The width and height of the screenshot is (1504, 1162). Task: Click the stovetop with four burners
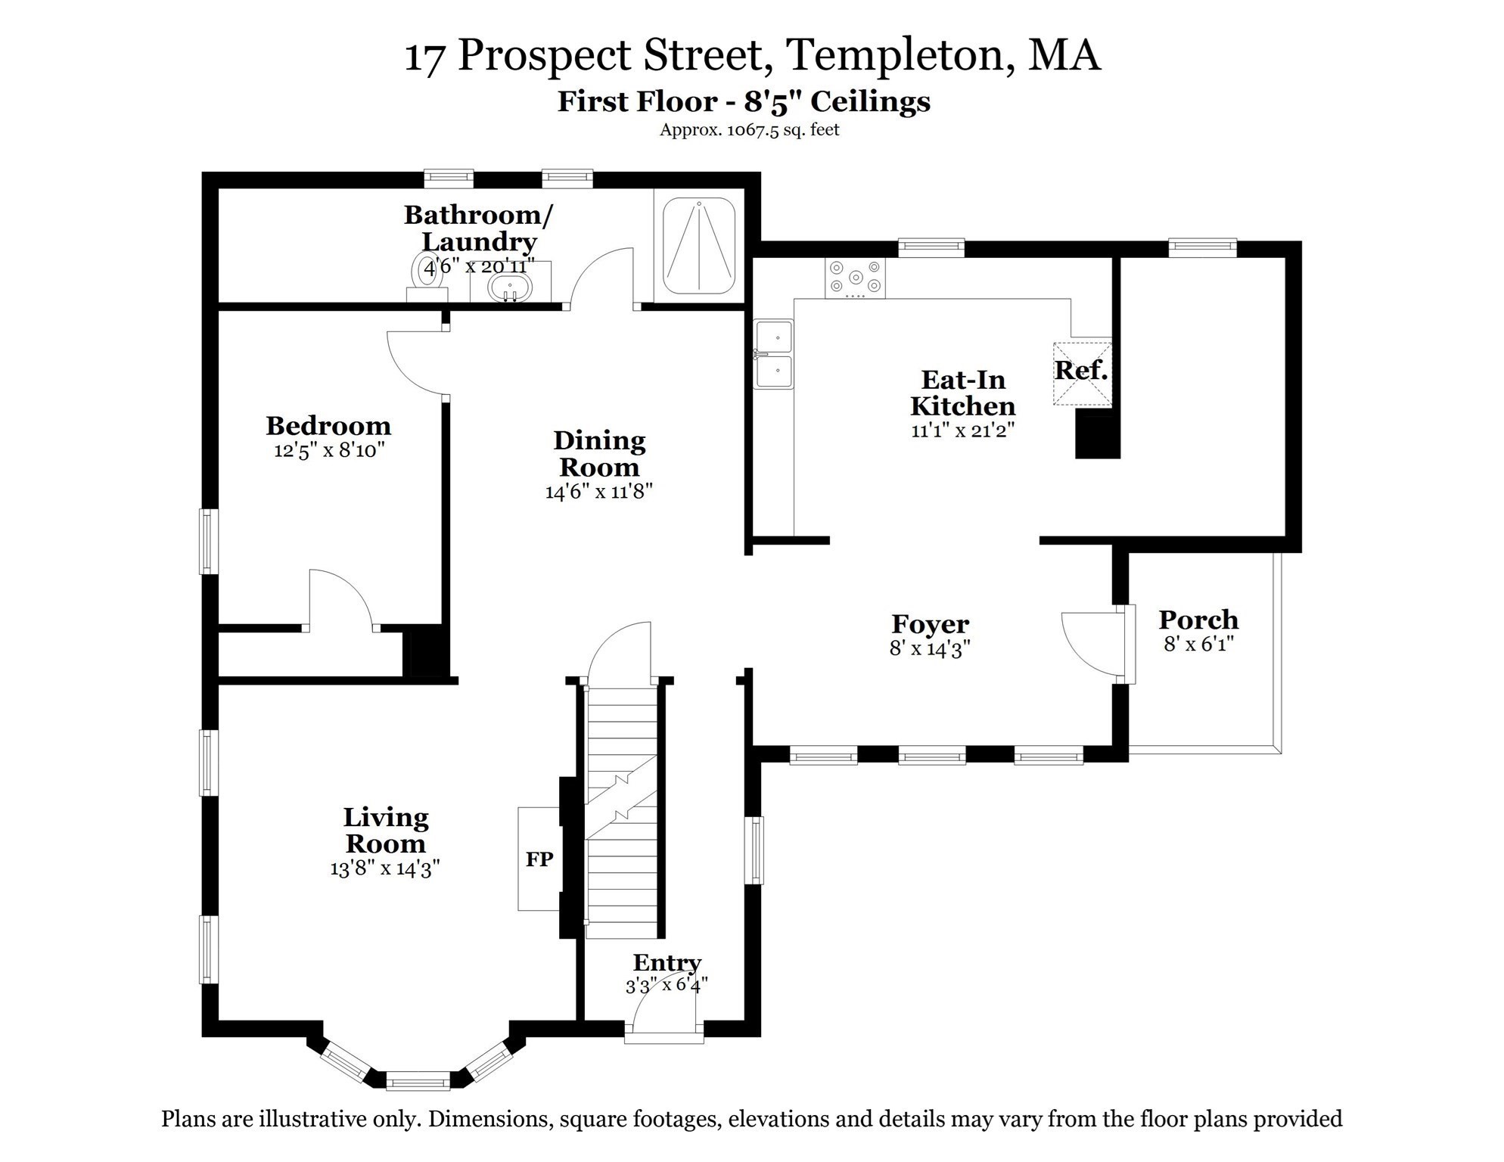click(855, 277)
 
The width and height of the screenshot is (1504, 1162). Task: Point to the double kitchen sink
click(773, 353)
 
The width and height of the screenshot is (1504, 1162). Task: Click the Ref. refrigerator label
click(1080, 370)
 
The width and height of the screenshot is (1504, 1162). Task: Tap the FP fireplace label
click(539, 859)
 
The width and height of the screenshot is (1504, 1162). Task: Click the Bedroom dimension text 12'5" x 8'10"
click(329, 451)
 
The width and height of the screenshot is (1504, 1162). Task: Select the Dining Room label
click(599, 453)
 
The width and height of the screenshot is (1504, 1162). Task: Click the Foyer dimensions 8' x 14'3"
click(930, 648)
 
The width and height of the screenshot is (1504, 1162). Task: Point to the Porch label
click(1198, 620)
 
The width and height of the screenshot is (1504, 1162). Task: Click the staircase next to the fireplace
click(622, 809)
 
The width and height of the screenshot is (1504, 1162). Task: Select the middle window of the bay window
click(418, 1081)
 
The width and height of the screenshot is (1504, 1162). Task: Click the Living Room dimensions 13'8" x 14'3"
click(385, 868)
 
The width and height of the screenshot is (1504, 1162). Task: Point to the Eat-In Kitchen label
click(962, 393)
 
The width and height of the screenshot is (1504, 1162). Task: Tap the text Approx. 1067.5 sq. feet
click(749, 129)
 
